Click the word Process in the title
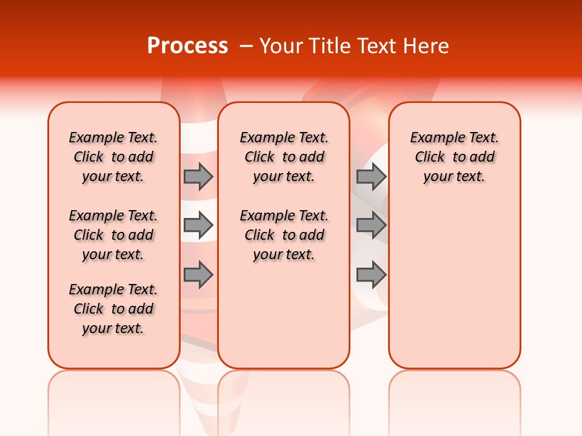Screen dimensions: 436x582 click(187, 46)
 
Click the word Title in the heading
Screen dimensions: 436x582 click(331, 46)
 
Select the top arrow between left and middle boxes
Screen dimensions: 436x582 click(198, 176)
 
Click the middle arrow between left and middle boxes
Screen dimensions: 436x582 click(198, 225)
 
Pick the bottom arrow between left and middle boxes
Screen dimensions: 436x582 click(198, 275)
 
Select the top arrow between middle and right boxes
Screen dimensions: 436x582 click(371, 176)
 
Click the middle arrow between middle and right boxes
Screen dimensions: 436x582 click(371, 225)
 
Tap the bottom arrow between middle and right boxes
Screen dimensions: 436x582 click(371, 275)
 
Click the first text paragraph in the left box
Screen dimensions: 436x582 click(113, 157)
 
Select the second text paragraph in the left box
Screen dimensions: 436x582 click(113, 235)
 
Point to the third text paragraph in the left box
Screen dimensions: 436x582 click(113, 309)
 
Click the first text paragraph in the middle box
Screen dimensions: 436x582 click(284, 157)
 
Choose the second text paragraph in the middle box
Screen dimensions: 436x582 click(284, 235)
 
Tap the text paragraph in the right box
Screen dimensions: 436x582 click(454, 157)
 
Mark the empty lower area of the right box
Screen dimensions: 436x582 click(454, 279)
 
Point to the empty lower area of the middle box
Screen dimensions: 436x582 click(284, 315)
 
